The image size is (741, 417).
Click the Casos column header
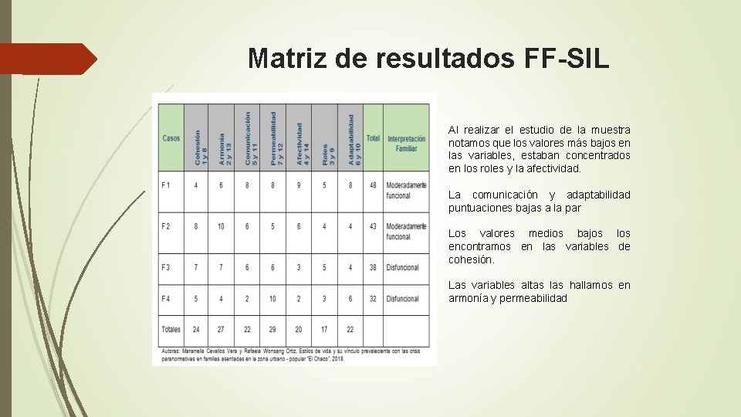[171, 138]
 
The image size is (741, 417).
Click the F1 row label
[167, 185]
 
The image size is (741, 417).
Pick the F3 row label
[167, 267]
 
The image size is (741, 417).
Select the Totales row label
[171, 329]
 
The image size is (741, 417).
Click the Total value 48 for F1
[373, 185]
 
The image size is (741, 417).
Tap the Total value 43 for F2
[373, 226]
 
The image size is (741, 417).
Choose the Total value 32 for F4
[373, 299]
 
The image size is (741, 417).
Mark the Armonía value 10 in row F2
[222, 226]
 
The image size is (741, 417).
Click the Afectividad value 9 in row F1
[299, 185]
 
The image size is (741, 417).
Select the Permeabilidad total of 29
[272, 329]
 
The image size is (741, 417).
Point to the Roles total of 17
[324, 329]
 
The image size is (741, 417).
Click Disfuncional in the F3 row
[403, 267]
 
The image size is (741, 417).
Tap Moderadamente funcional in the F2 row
[406, 231]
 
